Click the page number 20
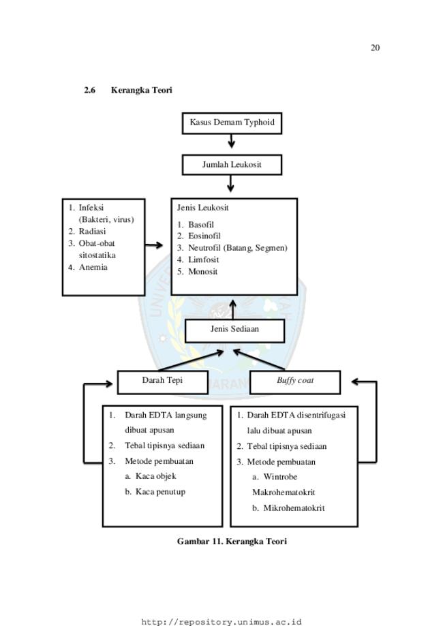click(x=375, y=48)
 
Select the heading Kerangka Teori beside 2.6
click(x=141, y=90)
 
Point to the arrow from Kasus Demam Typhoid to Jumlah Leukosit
click(x=231, y=141)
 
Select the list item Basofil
click(x=201, y=224)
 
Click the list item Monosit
click(x=202, y=272)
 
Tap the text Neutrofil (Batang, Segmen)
click(x=238, y=248)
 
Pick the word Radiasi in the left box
click(x=92, y=232)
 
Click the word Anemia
click(x=93, y=267)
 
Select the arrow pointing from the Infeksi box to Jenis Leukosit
click(x=154, y=245)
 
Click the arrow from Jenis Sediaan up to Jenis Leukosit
click(x=232, y=309)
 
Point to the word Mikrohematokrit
click(x=294, y=508)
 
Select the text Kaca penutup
click(x=160, y=492)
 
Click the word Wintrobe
click(x=280, y=477)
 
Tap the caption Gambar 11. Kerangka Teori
click(x=232, y=542)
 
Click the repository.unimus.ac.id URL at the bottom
click(x=221, y=622)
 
